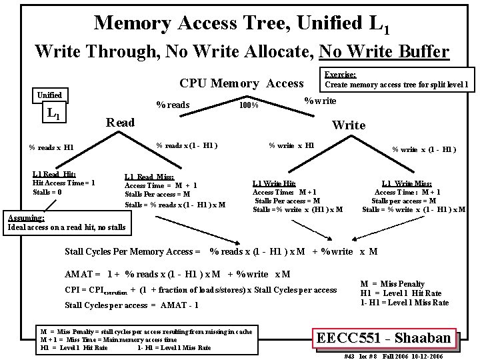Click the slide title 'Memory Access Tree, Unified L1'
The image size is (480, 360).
tap(241, 23)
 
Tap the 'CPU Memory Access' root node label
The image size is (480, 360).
tap(241, 83)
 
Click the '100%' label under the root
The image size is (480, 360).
tap(249, 105)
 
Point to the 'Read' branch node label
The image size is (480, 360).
tap(121, 122)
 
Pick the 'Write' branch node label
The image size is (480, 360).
tap(349, 125)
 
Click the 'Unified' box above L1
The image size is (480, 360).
tap(50, 95)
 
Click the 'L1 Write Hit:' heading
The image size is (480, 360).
tap(274, 183)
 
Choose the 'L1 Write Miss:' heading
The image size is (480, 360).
tap(407, 183)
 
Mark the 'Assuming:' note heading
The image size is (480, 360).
tap(26, 218)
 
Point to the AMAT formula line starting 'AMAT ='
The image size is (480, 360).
tap(177, 274)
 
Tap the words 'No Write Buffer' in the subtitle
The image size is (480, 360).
tap(384, 51)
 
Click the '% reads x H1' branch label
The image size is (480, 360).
tap(51, 147)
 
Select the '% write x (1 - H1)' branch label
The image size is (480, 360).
tap(424, 149)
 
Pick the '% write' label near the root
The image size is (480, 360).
tap(320, 101)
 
